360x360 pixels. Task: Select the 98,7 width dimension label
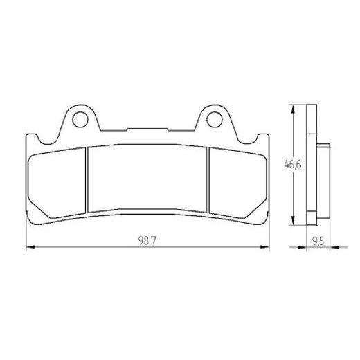coord(147,241)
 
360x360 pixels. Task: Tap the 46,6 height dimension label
coord(293,165)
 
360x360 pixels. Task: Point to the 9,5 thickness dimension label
coord(318,242)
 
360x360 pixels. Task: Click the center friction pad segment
coord(147,178)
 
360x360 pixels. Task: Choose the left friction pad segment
coord(57,183)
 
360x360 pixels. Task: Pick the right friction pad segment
coord(238,183)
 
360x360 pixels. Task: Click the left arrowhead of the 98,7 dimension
coord(30,247)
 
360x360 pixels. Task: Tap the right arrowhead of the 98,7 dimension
coord(264,247)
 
